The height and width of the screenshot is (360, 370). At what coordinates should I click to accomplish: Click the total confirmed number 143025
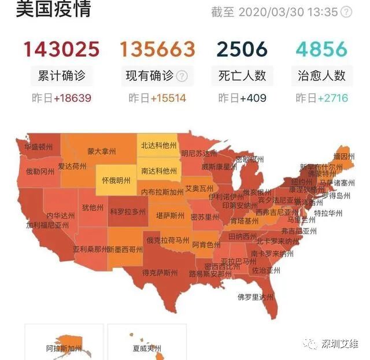coord(61,49)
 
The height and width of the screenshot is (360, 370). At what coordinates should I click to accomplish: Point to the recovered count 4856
coord(321,49)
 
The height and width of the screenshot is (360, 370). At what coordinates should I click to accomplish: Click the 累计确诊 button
coord(61,76)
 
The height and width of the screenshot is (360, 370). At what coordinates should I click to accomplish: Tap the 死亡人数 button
coord(242,76)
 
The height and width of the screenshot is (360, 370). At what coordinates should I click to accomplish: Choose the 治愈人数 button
coord(321,76)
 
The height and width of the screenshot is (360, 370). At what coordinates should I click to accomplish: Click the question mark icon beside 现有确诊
coord(182,76)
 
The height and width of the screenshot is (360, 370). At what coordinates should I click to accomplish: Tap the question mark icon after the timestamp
coord(346,12)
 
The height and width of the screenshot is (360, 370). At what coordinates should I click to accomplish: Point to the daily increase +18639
coord(72,98)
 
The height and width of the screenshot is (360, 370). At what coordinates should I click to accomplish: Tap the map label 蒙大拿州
coord(102,152)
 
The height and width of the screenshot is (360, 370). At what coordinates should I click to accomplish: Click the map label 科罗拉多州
coord(128,212)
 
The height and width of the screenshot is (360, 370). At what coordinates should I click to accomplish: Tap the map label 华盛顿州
coord(39,147)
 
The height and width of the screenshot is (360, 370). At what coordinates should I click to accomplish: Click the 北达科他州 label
coord(158,146)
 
